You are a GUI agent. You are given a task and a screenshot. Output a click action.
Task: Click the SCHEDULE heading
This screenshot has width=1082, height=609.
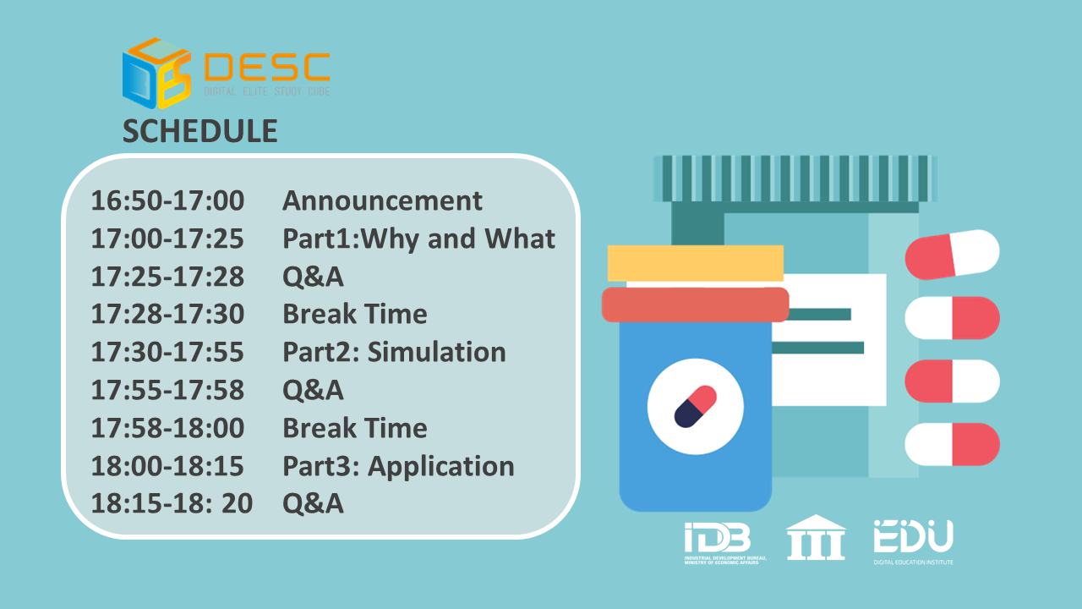(200, 131)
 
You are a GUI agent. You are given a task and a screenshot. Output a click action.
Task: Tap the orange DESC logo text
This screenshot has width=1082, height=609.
(267, 67)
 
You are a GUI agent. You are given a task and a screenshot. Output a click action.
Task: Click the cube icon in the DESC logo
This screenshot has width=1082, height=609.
(157, 73)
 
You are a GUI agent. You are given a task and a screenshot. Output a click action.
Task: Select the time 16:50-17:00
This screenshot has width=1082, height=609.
(167, 200)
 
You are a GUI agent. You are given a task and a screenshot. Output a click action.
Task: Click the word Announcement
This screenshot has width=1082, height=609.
(382, 200)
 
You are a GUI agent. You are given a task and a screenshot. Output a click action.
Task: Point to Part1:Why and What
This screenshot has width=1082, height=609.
(418, 239)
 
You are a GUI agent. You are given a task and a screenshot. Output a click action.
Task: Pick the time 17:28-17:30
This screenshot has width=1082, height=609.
(167, 314)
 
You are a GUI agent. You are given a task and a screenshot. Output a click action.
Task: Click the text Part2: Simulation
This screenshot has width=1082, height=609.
(394, 353)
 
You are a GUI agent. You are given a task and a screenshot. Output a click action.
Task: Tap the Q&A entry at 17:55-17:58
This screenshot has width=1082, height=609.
(313, 390)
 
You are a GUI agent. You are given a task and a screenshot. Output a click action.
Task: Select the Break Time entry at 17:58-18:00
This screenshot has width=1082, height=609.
(355, 428)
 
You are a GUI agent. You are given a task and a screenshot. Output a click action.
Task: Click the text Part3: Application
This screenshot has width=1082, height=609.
(398, 467)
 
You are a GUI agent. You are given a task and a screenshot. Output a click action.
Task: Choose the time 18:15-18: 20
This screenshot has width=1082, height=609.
(172, 503)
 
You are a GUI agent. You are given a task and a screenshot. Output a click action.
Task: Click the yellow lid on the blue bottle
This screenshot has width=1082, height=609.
(696, 263)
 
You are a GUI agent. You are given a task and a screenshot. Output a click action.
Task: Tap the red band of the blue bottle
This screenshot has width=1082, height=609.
(695, 304)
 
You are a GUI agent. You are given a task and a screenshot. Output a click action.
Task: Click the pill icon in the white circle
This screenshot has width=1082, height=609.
(696, 407)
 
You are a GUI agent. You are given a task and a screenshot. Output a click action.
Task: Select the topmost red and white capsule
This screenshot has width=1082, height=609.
(952, 255)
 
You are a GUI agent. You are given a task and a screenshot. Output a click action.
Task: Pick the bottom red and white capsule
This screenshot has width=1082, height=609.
(952, 444)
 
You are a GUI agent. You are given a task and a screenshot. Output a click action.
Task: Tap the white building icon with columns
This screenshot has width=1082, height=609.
(816, 537)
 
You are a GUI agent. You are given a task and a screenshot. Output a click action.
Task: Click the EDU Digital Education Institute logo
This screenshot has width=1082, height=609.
(914, 542)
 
